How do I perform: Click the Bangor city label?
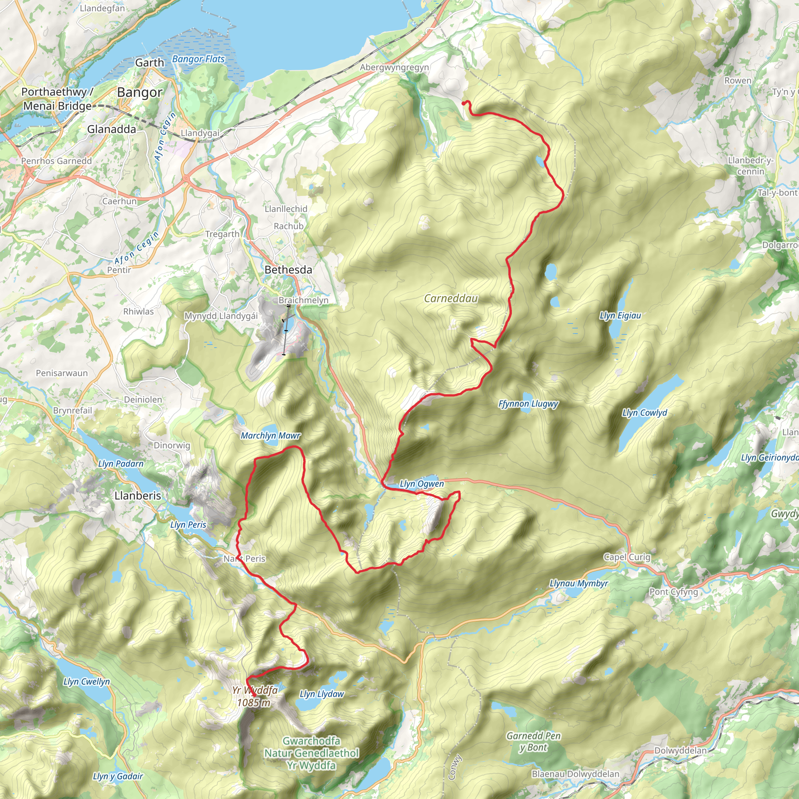click(x=139, y=92)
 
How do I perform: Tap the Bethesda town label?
click(x=288, y=270)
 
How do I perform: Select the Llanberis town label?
click(x=138, y=495)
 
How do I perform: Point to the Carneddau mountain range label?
click(x=451, y=298)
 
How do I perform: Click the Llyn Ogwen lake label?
click(x=421, y=483)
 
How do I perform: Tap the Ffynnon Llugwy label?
click(x=528, y=404)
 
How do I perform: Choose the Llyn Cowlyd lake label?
click(x=645, y=413)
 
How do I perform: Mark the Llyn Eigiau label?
click(x=620, y=316)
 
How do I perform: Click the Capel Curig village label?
click(x=627, y=557)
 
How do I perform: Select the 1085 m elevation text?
click(x=254, y=703)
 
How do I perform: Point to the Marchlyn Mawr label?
click(x=270, y=435)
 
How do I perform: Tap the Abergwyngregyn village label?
click(x=394, y=67)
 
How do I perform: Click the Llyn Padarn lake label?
click(x=121, y=463)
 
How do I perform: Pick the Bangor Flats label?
click(x=198, y=59)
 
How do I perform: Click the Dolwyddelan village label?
click(x=680, y=751)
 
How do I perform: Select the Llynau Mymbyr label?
click(x=579, y=584)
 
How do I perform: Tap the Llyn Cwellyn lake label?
click(x=87, y=682)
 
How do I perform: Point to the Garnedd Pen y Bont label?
click(x=533, y=742)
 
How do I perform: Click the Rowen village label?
click(x=738, y=81)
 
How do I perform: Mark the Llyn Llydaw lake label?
click(x=321, y=694)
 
